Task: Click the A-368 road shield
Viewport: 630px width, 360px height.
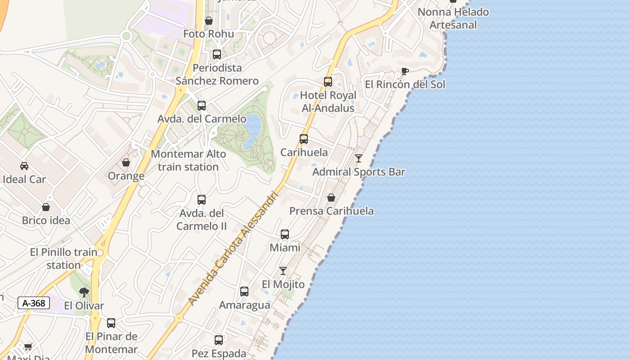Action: click(x=34, y=303)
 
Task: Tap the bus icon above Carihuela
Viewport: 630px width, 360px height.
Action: click(x=304, y=139)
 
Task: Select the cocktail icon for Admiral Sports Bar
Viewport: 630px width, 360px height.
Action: click(x=359, y=158)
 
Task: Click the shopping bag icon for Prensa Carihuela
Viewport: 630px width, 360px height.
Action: click(x=331, y=198)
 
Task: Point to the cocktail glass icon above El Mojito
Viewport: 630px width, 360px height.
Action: click(x=283, y=271)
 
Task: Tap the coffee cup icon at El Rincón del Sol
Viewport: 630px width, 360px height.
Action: click(x=405, y=71)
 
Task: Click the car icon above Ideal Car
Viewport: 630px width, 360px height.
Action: click(x=24, y=166)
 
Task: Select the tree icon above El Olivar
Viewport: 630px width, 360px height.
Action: click(x=84, y=292)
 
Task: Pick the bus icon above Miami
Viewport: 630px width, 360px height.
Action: click(x=285, y=234)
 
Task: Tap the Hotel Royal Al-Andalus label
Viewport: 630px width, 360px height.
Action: click(x=328, y=102)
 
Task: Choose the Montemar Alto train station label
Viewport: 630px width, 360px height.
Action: click(x=188, y=160)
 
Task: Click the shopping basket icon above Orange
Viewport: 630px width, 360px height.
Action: click(x=126, y=162)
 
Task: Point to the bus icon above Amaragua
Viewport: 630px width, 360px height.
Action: click(x=244, y=292)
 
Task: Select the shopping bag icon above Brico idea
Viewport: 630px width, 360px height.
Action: click(x=46, y=207)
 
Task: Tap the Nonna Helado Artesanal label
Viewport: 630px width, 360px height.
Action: click(x=453, y=18)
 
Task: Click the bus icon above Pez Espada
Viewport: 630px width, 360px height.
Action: click(x=219, y=340)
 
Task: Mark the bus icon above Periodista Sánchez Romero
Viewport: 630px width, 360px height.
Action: click(x=217, y=54)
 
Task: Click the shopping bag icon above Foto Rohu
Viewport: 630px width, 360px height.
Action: click(x=209, y=21)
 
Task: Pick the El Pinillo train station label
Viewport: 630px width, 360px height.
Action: click(x=63, y=258)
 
